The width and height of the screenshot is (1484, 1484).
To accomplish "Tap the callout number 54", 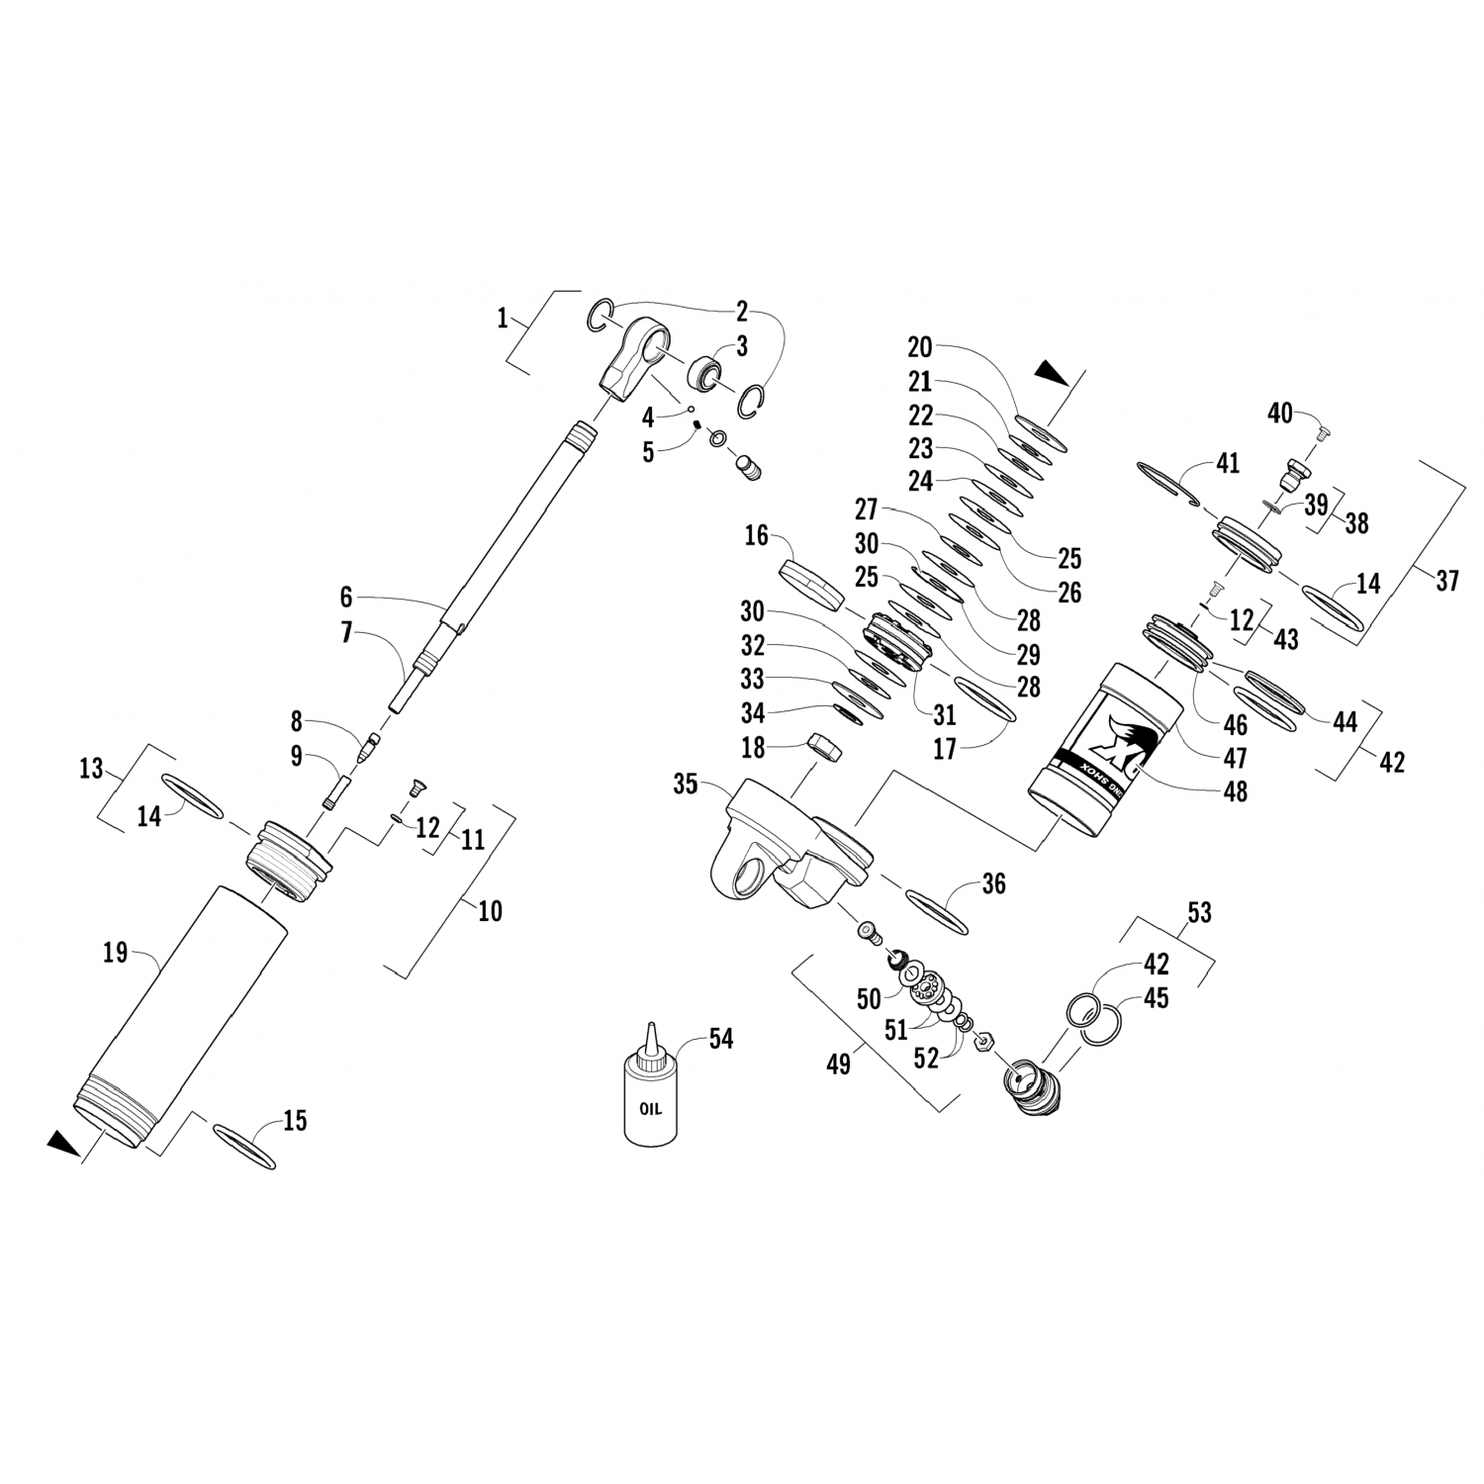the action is point(720,1039).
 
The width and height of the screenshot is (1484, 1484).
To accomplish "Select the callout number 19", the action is point(116,953).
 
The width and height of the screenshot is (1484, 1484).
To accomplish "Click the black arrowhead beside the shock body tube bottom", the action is point(63,1145).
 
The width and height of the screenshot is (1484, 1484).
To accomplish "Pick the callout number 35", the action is point(686,785).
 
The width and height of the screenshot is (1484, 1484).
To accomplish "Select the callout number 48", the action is point(1235,791).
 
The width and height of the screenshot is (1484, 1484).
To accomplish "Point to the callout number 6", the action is point(345,597).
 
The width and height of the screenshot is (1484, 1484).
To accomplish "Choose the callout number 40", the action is point(1280,413).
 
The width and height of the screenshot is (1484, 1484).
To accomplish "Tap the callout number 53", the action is point(1199,912).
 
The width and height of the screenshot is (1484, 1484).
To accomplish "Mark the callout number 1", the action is point(503,319).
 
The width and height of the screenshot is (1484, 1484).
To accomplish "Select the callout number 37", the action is point(1446,580).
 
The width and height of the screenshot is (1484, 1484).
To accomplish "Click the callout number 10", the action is point(490,910).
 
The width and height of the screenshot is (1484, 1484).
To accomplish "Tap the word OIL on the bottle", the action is point(649,1109).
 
